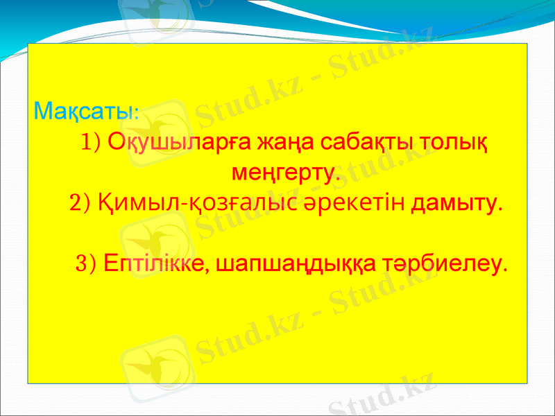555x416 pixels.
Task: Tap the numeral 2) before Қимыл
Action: pos(80,204)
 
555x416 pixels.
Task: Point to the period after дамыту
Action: pos(501,208)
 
